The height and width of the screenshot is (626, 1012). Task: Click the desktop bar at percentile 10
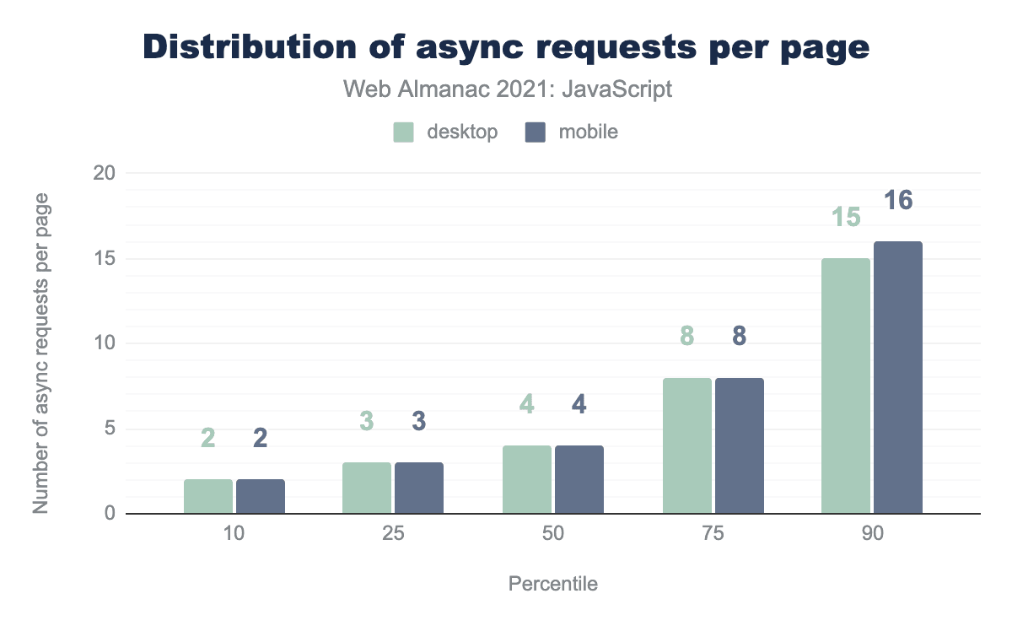pyautogui.click(x=208, y=496)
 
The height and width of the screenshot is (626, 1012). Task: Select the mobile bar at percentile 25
pyautogui.click(x=419, y=488)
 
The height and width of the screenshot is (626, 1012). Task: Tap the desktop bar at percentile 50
pyautogui.click(x=527, y=479)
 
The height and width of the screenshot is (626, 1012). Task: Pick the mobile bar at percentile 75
pyautogui.click(x=740, y=445)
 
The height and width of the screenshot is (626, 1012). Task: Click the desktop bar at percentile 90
pyautogui.click(x=846, y=386)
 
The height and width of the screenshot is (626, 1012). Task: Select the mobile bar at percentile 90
pyautogui.click(x=898, y=377)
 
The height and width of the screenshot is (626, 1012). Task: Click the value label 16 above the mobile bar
pyautogui.click(x=898, y=201)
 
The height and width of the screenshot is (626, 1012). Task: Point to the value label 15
pyautogui.click(x=846, y=218)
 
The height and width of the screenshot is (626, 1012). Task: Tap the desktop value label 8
pyautogui.click(x=687, y=337)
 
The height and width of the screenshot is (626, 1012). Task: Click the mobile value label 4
pyautogui.click(x=579, y=404)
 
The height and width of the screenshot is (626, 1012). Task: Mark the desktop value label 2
pyautogui.click(x=208, y=438)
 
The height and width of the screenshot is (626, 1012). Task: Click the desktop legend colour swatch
pyautogui.click(x=404, y=132)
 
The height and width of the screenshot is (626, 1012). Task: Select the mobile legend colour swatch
pyautogui.click(x=536, y=132)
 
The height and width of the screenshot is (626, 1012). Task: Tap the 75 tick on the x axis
pyautogui.click(x=713, y=535)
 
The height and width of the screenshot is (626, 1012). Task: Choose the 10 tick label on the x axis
pyautogui.click(x=234, y=535)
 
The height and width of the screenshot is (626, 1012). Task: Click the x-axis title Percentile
pyautogui.click(x=553, y=584)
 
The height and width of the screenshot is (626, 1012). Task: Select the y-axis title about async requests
pyautogui.click(x=40, y=353)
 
